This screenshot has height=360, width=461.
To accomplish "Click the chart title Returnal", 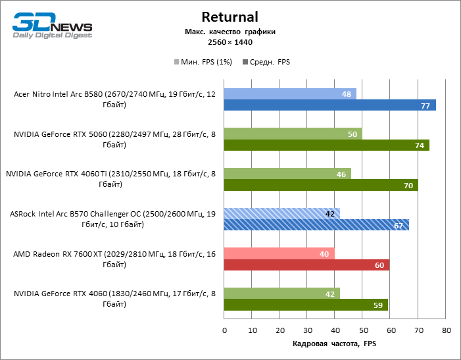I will click(230, 16).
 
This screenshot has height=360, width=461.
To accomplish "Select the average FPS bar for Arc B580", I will click(329, 105).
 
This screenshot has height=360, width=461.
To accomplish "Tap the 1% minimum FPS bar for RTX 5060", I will click(293, 134).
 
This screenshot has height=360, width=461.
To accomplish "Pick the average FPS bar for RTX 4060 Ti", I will click(321, 185).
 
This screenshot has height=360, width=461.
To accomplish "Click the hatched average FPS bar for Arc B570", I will click(316, 225).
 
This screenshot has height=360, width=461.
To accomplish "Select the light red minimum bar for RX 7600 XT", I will click(279, 253).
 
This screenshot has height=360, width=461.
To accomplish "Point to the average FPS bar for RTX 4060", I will click(306, 305).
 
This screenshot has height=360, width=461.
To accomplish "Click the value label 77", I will click(425, 105).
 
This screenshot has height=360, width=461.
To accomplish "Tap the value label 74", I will click(419, 145).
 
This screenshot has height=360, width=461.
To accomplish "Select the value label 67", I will click(399, 226).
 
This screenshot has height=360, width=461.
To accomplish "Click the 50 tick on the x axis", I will click(363, 330).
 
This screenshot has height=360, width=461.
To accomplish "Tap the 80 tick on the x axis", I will click(447, 330).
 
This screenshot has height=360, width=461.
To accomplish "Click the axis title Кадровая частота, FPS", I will click(335, 344).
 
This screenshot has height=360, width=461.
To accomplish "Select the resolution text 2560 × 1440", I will click(230, 42).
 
